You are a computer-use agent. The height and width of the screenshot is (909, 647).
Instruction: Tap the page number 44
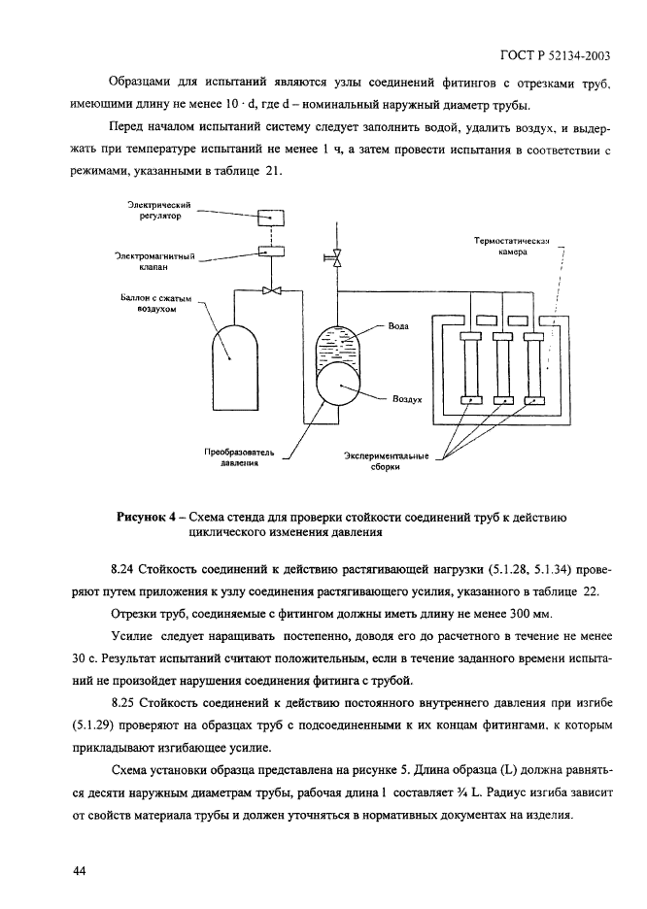point(81,870)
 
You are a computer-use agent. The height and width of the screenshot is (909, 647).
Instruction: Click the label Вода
point(398,327)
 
